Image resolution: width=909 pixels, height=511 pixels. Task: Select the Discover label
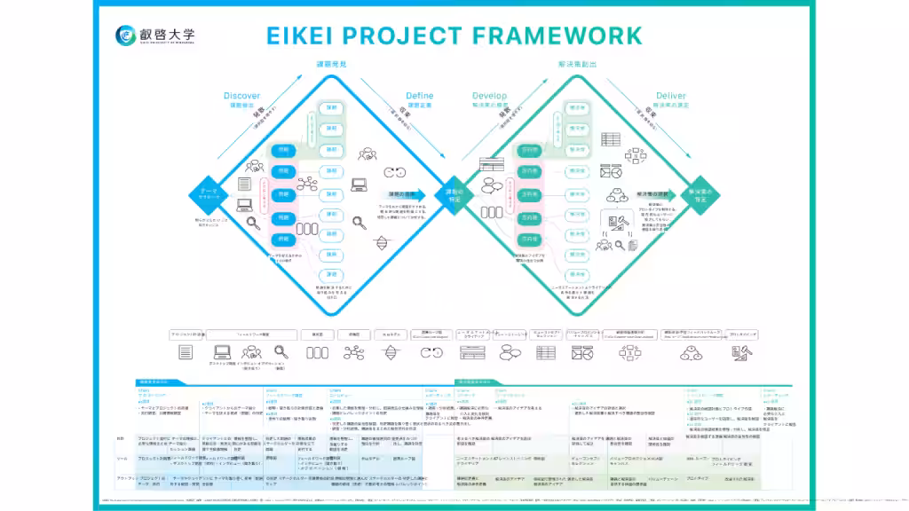241,96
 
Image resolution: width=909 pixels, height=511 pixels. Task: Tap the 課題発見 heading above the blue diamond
330,66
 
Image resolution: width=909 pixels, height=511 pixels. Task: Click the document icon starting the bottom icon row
186,352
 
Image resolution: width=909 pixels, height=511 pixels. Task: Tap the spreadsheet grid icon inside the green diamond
611,139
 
